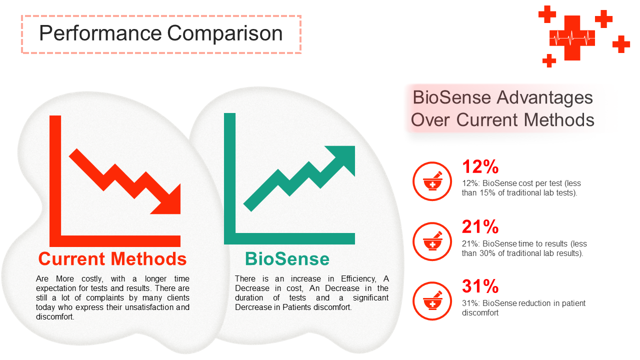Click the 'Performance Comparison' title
tap(160, 33)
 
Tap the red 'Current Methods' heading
tap(112, 259)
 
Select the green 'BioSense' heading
tap(287, 259)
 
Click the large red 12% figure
tap(480, 166)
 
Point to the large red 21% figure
tap(480, 226)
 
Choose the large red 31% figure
tap(480, 286)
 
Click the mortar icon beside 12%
tap(432, 181)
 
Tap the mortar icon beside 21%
tap(432, 241)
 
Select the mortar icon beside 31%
tap(432, 301)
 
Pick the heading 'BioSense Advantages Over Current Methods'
tap(502, 108)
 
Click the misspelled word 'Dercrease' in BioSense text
tap(252, 307)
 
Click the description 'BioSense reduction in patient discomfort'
tap(523, 308)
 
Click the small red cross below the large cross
tap(549, 60)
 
